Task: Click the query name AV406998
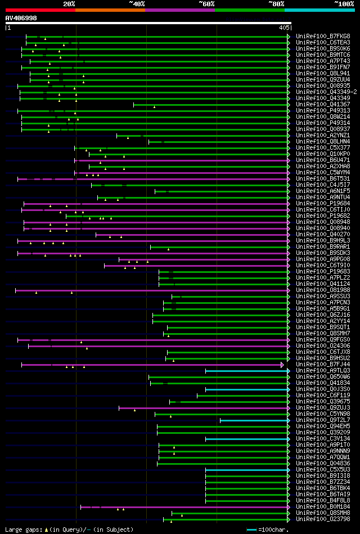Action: tap(21, 18)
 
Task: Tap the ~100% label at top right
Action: tap(344, 3)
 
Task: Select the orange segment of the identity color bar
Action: tap(110, 10)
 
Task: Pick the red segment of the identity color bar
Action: tap(40, 10)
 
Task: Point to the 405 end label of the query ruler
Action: tap(284, 27)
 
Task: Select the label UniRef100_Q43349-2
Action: tap(326, 92)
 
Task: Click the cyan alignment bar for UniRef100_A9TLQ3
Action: tap(246, 371)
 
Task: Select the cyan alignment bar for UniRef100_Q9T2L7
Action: tap(254, 420)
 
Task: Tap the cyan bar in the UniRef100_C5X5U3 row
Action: tap(246, 470)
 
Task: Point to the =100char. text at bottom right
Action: tap(273, 529)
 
